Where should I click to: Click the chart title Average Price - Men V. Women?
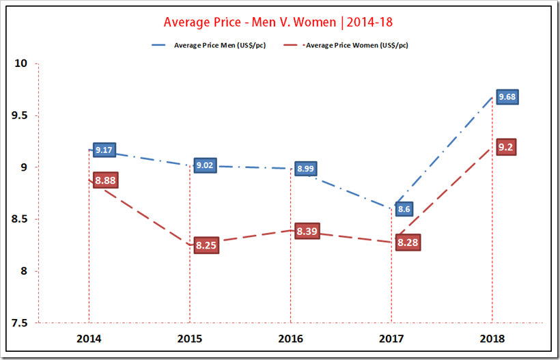(x=278, y=22)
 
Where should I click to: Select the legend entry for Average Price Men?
(x=215, y=45)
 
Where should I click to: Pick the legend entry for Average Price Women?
(x=356, y=45)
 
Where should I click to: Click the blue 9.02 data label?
(x=205, y=165)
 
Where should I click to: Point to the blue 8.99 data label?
(x=306, y=169)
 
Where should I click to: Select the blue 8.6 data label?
(x=404, y=209)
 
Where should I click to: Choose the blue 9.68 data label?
(x=507, y=97)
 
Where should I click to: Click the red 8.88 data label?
(x=105, y=180)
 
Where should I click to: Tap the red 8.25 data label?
(x=206, y=245)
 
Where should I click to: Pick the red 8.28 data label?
(x=408, y=243)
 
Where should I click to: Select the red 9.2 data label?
(x=506, y=147)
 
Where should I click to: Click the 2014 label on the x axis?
(x=89, y=338)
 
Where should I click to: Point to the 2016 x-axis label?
(x=290, y=338)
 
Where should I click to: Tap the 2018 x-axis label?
(x=492, y=338)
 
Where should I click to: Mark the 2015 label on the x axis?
(x=189, y=338)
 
